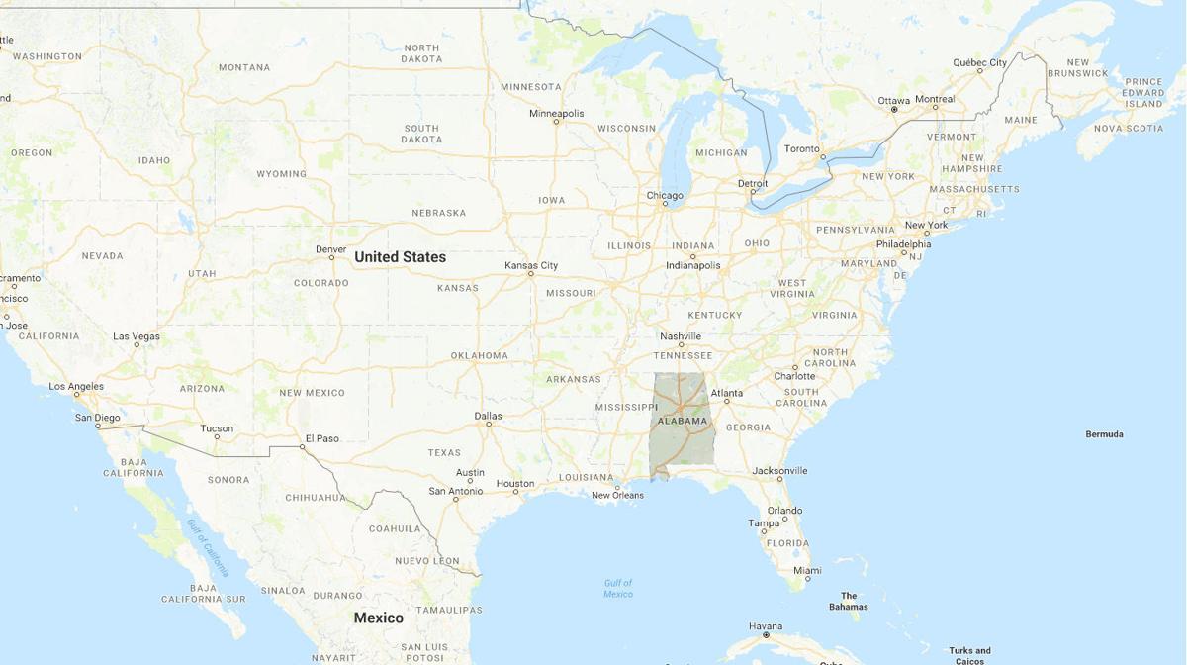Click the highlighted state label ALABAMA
point(684,421)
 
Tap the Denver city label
point(330,248)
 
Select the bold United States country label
point(400,257)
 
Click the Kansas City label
point(531,265)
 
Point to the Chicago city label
point(665,195)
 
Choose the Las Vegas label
point(137,336)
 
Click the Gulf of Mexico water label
point(618,588)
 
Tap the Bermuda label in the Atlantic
point(1104,434)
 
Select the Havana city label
point(766,626)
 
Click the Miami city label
point(807,570)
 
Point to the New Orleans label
point(617,495)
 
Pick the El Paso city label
point(321,438)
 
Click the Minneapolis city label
point(556,113)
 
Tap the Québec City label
point(979,62)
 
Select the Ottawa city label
point(893,101)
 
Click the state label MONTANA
point(243,67)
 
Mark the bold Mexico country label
point(379,617)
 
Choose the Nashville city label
point(681,336)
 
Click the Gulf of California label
point(209,547)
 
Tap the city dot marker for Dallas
point(488,424)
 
